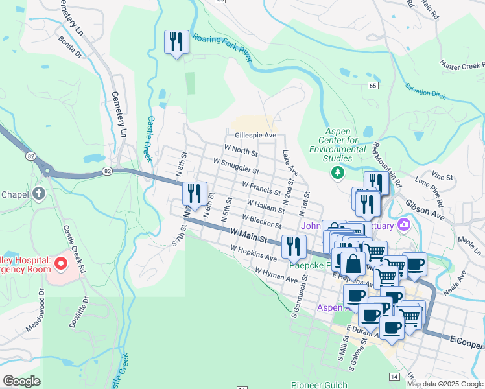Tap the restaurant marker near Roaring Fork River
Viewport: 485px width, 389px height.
tap(176, 43)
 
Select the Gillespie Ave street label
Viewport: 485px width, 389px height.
tap(255, 136)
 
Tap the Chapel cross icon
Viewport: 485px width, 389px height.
tap(39, 193)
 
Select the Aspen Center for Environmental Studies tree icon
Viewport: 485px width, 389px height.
tap(337, 172)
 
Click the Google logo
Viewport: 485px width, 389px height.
tap(21, 381)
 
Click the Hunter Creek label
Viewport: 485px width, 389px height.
tap(462, 65)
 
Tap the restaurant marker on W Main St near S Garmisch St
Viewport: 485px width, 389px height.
tap(294, 246)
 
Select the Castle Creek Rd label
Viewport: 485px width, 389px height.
tap(72, 246)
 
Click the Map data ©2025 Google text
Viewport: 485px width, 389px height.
tap(445, 384)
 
